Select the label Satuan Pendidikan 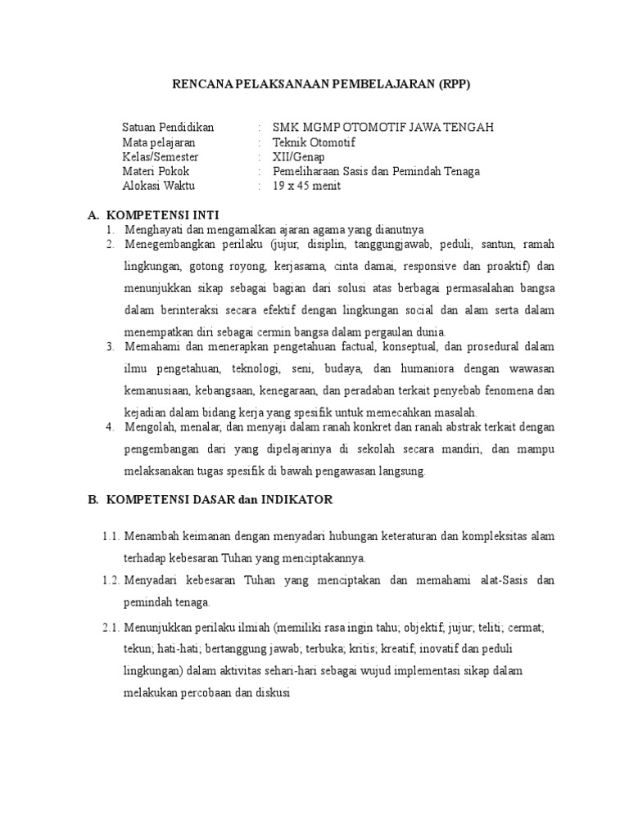(x=168, y=127)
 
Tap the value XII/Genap (x=298, y=156)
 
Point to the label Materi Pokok (x=156, y=171)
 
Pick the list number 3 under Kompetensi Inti (x=110, y=347)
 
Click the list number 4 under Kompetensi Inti (x=110, y=427)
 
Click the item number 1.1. (x=111, y=537)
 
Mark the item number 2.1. (x=111, y=626)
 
